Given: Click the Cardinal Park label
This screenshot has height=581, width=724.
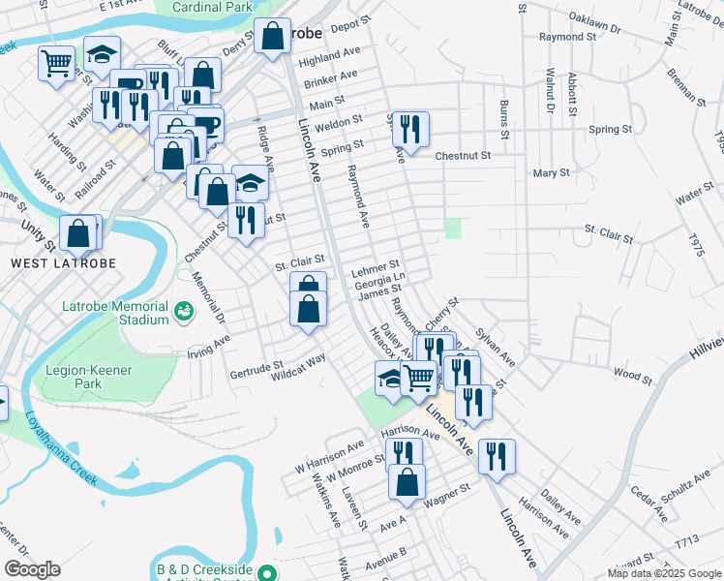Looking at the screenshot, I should point(211,7).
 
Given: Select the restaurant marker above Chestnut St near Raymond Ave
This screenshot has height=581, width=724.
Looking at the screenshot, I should point(410,129).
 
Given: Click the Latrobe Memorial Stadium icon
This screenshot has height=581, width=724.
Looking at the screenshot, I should point(182,311).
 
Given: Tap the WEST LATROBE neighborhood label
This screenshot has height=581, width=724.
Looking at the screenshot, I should point(64,263).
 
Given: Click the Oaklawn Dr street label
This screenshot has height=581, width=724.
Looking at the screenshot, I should point(594,22).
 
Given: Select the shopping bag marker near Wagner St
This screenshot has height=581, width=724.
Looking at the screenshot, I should point(407,480).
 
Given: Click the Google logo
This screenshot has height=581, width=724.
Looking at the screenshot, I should point(32,569).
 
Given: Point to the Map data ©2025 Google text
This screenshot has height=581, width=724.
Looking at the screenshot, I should point(664,573).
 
